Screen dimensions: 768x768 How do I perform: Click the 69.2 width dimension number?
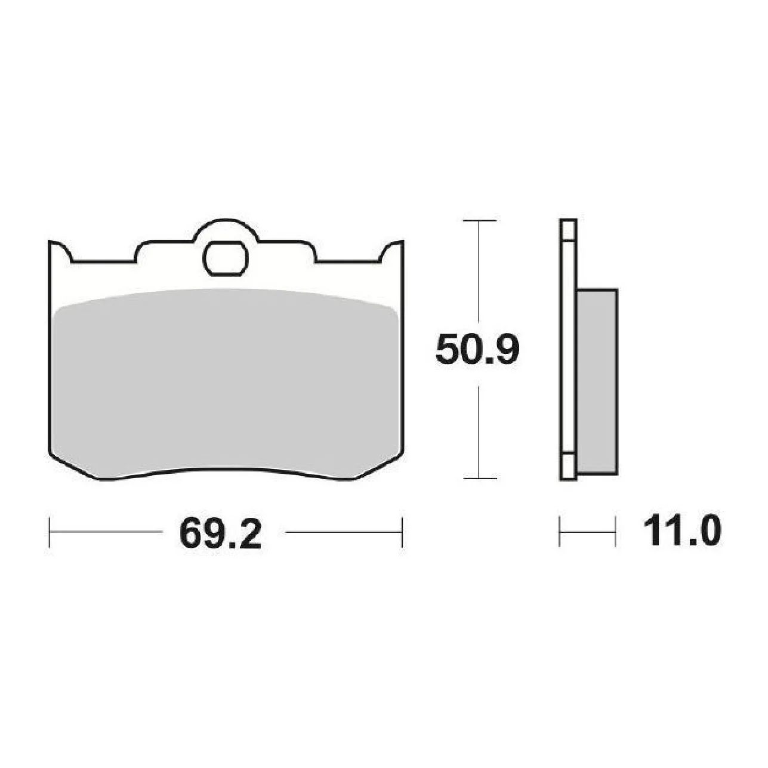point(220,533)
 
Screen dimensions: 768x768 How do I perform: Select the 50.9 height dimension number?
point(477,350)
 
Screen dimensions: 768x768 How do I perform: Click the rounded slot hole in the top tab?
point(226,258)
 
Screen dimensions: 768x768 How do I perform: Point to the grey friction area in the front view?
point(226,383)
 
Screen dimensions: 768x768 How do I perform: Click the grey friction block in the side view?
point(597,382)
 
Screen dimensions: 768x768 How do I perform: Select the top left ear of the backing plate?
point(60,251)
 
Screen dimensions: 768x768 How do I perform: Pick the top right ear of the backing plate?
point(392,251)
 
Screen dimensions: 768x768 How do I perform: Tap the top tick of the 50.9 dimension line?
point(479,220)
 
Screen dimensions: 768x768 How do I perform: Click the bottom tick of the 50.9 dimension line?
point(479,478)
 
